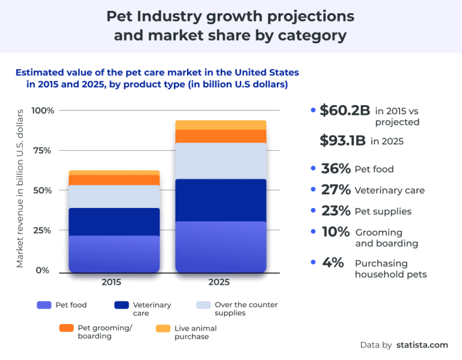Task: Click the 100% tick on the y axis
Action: coord(43,111)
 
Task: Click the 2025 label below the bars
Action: coord(221,282)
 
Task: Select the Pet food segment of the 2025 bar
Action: coord(221,247)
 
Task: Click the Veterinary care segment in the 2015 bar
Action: coord(114,222)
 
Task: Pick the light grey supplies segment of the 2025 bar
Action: coord(221,161)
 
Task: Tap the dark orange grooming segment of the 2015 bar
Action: coord(114,180)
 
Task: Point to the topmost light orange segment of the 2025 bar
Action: coord(221,125)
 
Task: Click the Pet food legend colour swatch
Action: coord(44,305)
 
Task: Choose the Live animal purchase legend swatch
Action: coord(162,328)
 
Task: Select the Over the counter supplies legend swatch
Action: coord(204,305)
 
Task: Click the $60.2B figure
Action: coord(345,111)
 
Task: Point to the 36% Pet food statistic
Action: coord(335,169)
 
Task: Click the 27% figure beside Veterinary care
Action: coord(335,190)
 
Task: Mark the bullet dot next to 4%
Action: coord(313,263)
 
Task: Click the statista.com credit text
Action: coord(422,345)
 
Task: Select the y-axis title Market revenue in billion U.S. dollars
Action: coord(20,188)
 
